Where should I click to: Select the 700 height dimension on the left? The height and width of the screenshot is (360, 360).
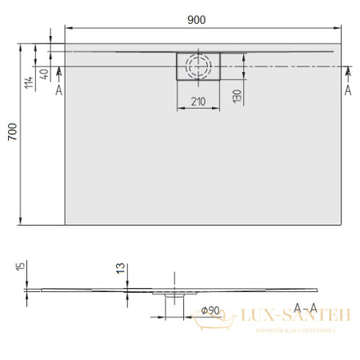coord(10,134)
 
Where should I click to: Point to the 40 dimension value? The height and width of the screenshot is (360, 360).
coord(44,75)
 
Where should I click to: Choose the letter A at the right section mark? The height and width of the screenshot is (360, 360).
coord(347,90)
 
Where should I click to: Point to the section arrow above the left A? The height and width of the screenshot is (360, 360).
coord(58,74)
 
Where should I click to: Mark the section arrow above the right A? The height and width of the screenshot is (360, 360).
coord(347,74)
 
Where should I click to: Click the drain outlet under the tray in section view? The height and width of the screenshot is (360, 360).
coord(174,295)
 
